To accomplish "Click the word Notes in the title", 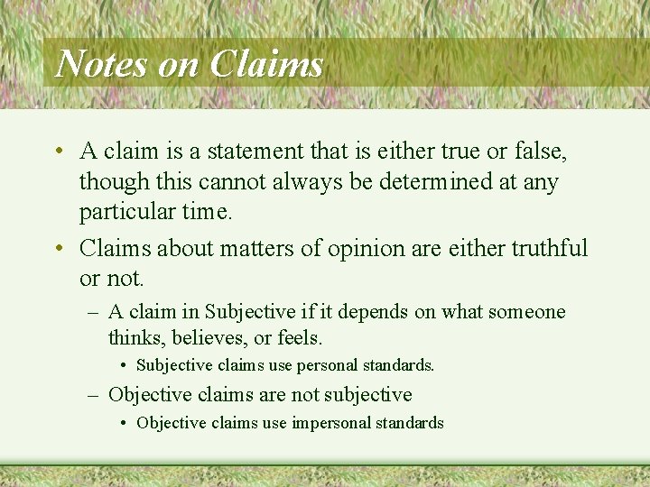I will point(101,64).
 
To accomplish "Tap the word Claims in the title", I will point(266,64).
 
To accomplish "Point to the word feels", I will point(300,338).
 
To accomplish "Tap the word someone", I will point(527,312).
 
